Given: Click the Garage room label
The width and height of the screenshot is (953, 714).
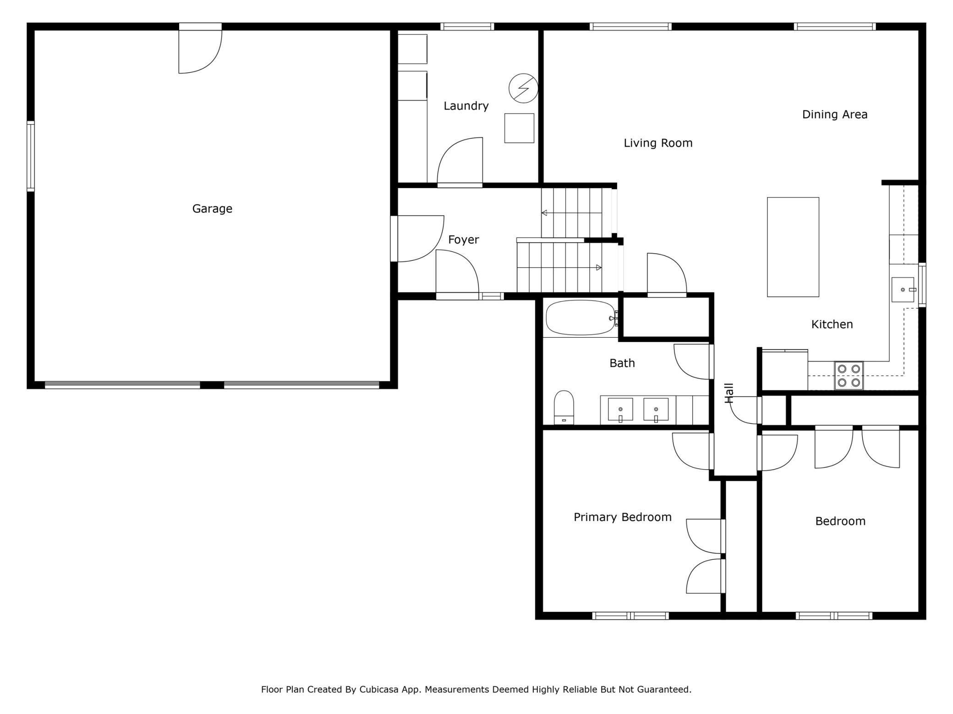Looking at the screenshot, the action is [212, 209].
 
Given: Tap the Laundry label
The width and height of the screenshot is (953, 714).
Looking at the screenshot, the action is [466, 106].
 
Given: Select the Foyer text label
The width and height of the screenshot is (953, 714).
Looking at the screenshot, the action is [463, 240].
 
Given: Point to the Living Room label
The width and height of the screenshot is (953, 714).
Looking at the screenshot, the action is [658, 143].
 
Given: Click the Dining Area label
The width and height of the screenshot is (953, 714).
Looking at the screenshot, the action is [835, 114].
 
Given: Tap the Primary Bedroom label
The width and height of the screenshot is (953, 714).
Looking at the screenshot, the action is [622, 517].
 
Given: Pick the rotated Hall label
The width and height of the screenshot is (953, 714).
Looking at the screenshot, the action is [729, 393].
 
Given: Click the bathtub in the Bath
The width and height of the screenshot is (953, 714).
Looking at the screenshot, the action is [581, 318].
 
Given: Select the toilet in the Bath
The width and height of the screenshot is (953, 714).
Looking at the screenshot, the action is [564, 407].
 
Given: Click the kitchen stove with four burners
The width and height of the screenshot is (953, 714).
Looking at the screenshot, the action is [849, 375].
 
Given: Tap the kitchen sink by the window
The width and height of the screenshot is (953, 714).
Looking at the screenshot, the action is [903, 290].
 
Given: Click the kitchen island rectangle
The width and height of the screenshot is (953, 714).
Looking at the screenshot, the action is [793, 247].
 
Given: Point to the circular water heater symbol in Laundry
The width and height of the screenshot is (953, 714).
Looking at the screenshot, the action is [523, 88].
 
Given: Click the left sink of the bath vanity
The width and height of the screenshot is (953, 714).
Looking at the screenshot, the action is [620, 409].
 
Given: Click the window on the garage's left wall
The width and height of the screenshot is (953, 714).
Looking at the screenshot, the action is [31, 156].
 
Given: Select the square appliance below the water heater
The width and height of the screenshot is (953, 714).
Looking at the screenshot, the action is [519, 128].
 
